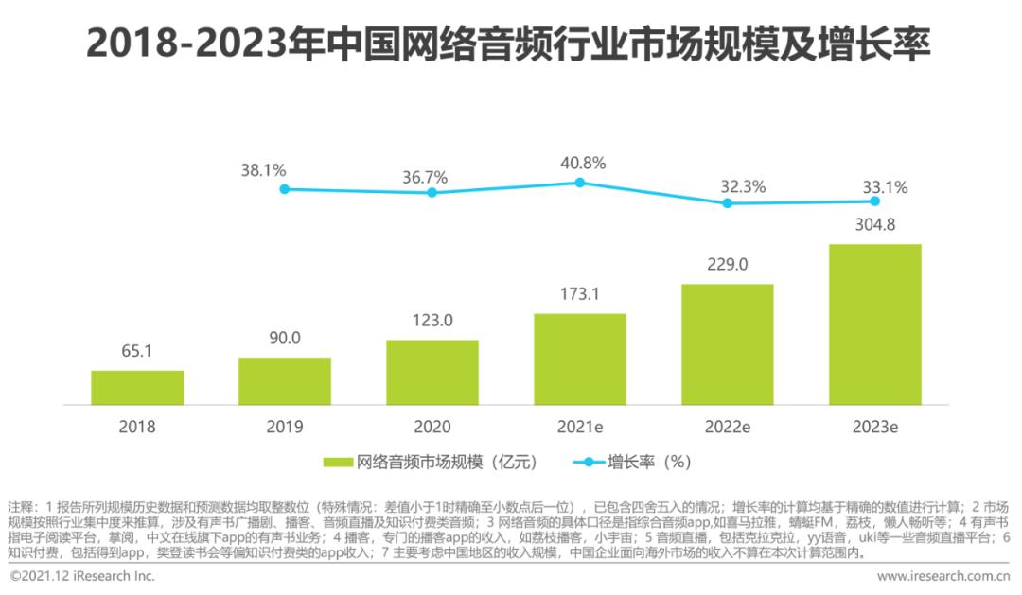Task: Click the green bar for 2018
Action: [x=137, y=388]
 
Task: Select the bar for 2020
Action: [x=432, y=373]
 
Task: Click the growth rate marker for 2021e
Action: [x=580, y=183]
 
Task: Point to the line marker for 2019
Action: [x=285, y=189]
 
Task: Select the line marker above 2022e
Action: [x=728, y=202]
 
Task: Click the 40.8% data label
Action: [x=580, y=163]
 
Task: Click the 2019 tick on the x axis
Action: [x=285, y=427]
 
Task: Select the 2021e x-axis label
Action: [x=580, y=427]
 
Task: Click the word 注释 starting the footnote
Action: [x=21, y=506]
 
